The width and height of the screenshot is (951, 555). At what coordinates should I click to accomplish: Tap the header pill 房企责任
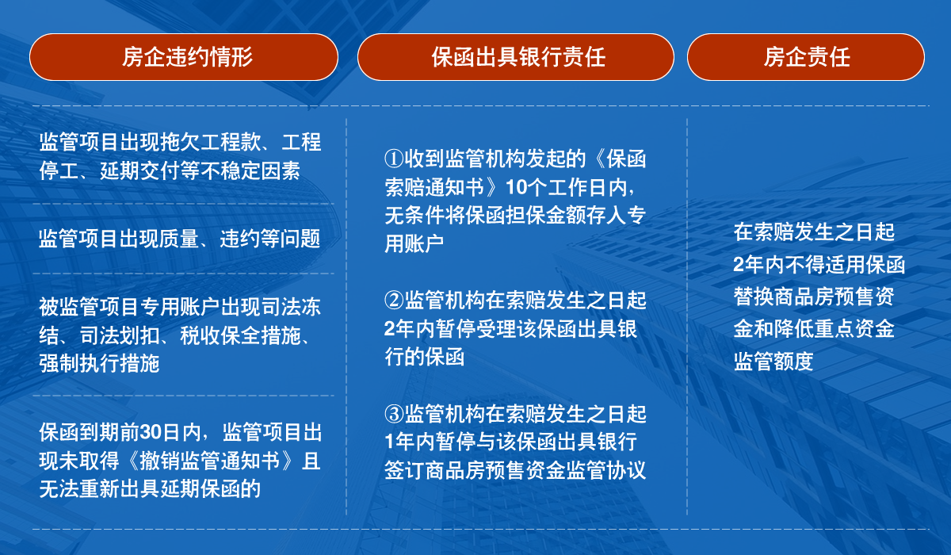(x=806, y=57)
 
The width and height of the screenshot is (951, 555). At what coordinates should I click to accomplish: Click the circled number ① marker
(x=394, y=159)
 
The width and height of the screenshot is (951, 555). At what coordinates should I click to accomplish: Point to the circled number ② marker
(x=394, y=300)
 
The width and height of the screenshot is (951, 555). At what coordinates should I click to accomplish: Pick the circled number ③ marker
(x=394, y=414)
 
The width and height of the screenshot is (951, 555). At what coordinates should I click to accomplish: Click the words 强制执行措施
(x=99, y=363)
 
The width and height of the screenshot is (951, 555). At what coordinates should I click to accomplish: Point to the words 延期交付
(x=139, y=170)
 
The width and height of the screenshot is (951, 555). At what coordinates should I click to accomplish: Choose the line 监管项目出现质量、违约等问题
(x=180, y=238)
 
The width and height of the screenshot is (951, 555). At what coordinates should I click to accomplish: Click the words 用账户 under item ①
(x=414, y=243)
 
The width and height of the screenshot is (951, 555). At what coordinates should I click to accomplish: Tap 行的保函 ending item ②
(x=424, y=356)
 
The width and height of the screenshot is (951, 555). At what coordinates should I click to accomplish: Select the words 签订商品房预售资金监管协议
(x=515, y=470)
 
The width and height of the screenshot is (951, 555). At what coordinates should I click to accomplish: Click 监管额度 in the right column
(x=773, y=362)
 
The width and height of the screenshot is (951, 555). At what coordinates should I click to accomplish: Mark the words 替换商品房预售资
(x=814, y=297)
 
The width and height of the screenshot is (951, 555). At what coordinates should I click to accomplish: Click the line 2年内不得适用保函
(x=819, y=264)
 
